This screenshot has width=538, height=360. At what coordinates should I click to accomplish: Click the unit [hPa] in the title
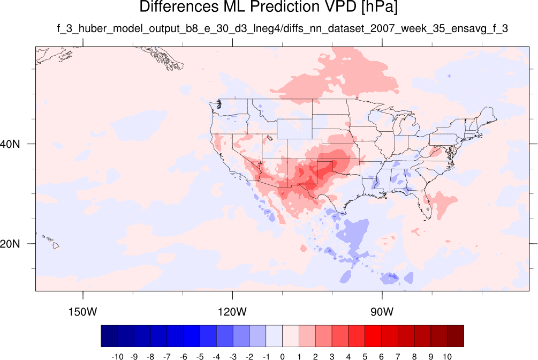coord(379,7)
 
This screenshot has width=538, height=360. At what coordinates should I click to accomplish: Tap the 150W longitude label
coord(82,312)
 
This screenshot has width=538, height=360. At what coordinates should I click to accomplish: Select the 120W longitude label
coord(232,312)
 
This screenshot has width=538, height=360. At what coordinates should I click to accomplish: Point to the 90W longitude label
coord(382,312)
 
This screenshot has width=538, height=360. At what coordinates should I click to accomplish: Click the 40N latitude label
coord(10,144)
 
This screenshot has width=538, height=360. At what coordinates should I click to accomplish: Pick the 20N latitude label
coord(10,244)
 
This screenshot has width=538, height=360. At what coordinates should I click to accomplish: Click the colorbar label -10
coord(117,357)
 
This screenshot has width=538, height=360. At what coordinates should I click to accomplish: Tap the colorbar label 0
coord(282,357)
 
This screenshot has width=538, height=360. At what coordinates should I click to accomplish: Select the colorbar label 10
coord(447,357)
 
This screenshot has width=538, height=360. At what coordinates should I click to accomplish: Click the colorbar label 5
coord(365,357)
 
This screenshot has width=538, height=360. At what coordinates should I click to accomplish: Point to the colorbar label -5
coord(200,357)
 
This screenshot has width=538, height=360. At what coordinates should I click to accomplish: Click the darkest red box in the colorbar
coord(456,336)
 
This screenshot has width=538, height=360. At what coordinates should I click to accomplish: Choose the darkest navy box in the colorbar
coord(109,336)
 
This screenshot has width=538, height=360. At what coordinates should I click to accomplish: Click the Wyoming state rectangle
coord(294,129)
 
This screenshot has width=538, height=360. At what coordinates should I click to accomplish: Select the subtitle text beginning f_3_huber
coord(282,28)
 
